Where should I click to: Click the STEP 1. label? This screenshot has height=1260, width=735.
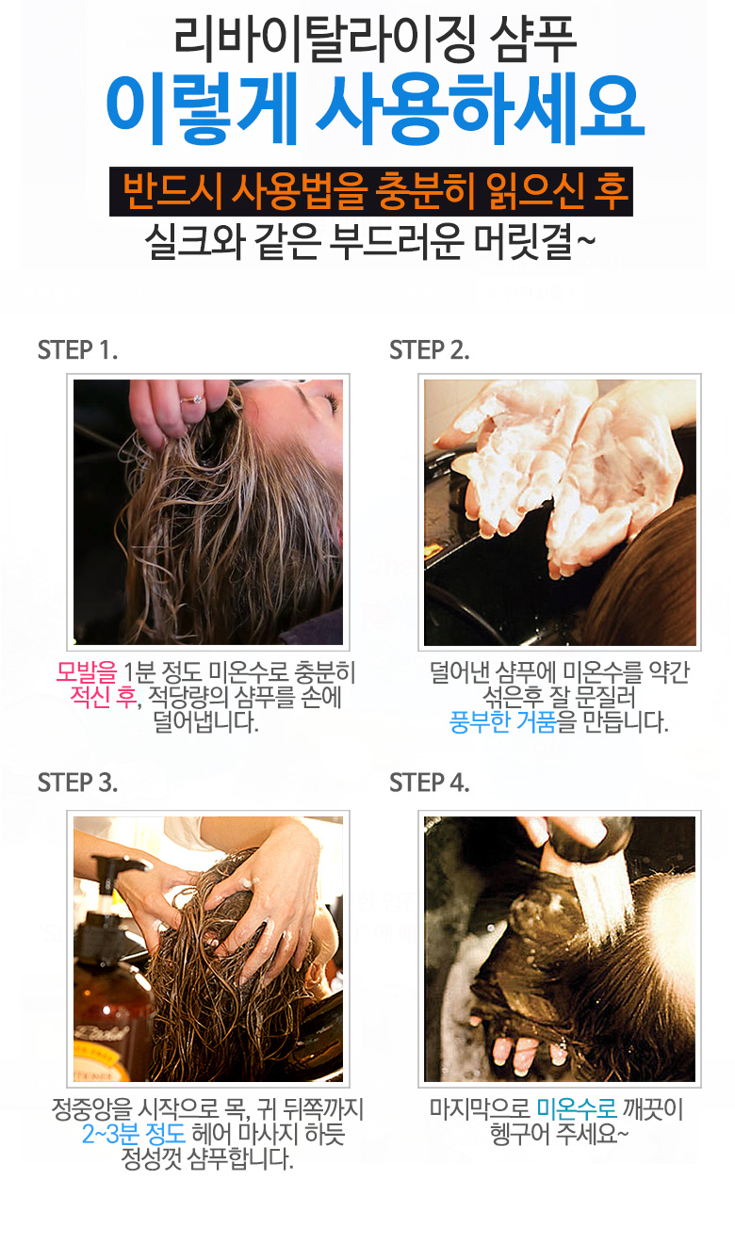click(x=77, y=350)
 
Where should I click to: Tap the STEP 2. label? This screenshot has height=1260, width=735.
click(x=429, y=350)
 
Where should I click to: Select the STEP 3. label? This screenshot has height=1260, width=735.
click(x=77, y=783)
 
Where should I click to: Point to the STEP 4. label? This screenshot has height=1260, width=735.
click(x=429, y=783)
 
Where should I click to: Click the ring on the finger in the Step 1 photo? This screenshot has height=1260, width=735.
click(x=193, y=399)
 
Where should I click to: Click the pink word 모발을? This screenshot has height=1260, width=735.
click(x=86, y=672)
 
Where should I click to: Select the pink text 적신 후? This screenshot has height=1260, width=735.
click(x=103, y=697)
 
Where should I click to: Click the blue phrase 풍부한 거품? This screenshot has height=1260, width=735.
click(x=502, y=721)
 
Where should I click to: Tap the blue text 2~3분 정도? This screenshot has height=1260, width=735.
click(x=134, y=1134)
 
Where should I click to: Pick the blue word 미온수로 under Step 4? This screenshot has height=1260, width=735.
click(x=577, y=1108)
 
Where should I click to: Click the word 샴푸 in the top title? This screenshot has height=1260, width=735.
click(x=533, y=40)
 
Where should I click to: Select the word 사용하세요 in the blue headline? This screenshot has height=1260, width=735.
click(x=480, y=109)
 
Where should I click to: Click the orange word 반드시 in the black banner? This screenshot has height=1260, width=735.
click(x=172, y=191)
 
